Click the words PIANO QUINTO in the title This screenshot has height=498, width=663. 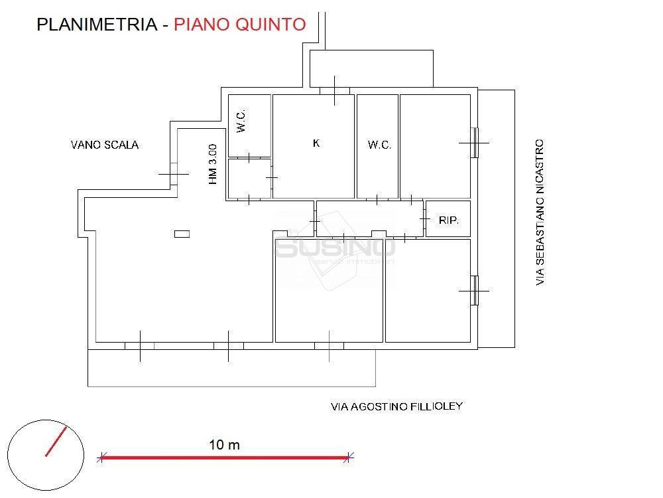[x=239, y=25]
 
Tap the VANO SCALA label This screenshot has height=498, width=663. [x=105, y=145]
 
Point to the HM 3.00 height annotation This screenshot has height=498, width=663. [x=213, y=164]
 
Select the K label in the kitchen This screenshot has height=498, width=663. [x=316, y=143]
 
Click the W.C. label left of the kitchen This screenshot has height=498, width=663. [x=241, y=122]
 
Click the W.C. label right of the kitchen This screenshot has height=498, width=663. [x=379, y=145]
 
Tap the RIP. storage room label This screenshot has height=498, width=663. [x=449, y=220]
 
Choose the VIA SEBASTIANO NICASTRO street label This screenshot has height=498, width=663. [x=540, y=212]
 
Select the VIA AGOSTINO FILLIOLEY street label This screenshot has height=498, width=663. [x=396, y=406]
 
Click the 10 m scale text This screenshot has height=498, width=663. [x=224, y=445]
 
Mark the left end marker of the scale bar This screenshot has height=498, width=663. [x=101, y=457]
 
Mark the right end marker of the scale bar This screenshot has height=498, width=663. [x=349, y=457]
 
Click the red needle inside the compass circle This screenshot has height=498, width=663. [x=56, y=442]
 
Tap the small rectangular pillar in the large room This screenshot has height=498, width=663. [x=182, y=234]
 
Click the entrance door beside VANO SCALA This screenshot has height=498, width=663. [x=174, y=175]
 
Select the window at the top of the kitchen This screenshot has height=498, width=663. [x=334, y=90]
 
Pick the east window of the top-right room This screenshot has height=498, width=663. [x=475, y=142]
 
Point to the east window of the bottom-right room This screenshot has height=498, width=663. [x=475, y=291]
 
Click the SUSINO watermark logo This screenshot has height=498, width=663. [x=335, y=249]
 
